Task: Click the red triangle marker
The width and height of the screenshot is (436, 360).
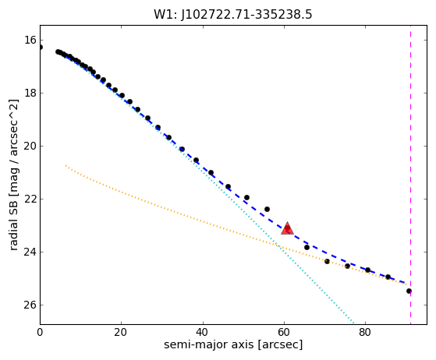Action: pos(287,229)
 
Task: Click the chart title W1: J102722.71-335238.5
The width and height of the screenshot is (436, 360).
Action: pos(233,15)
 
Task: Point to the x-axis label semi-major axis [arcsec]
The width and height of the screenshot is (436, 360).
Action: pos(233,344)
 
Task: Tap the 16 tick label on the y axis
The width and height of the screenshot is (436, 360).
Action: pos(30,40)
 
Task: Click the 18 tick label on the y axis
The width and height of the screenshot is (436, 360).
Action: pos(30,93)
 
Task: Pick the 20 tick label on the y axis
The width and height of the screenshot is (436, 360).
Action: pos(30,146)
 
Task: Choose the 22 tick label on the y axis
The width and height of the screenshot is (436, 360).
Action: pos(30,199)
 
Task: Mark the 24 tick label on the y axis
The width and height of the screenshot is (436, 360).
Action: pos(30,252)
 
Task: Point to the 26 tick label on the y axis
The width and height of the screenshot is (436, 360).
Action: pos(30,305)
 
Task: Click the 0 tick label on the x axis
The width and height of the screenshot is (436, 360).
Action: pos(40,333)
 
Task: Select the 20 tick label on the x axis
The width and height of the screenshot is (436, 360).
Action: pos(121,333)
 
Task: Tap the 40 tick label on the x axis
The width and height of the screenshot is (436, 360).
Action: pos(203,333)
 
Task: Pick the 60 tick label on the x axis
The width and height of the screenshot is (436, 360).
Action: pos(284,333)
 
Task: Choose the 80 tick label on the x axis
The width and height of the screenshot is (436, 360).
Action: pos(365,333)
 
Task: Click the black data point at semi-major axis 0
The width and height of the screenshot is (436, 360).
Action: pos(41,48)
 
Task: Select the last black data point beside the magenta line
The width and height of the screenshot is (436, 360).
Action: pos(409,291)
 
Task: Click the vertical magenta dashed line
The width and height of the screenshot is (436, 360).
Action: pos(411,175)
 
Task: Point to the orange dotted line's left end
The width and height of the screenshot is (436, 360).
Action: pos(66,166)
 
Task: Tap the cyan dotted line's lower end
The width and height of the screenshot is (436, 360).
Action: pos(353,323)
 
